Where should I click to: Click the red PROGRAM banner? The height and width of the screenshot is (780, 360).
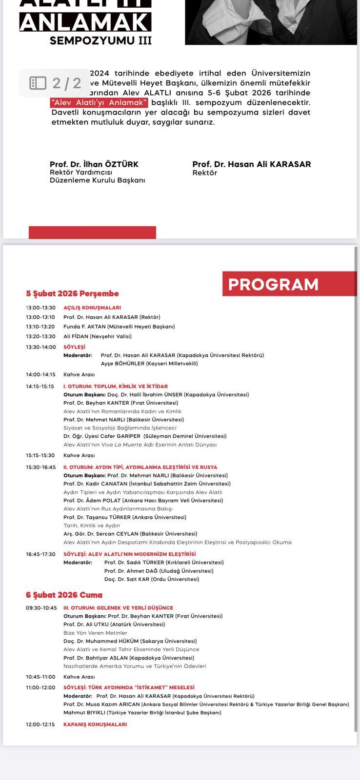[x=290, y=284]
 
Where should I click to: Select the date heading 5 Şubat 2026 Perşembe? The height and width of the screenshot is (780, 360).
[x=72, y=293]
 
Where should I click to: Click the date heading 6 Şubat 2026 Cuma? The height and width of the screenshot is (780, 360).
[x=64, y=595]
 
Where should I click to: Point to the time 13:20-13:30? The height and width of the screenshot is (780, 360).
[x=40, y=336]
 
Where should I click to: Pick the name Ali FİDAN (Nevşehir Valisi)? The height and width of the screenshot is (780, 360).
[x=97, y=336]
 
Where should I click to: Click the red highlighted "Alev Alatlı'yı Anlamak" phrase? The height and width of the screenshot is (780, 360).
[x=100, y=103]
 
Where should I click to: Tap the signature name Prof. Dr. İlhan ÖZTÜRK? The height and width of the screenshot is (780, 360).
[x=94, y=164]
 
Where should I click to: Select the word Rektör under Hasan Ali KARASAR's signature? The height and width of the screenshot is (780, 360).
[x=204, y=173]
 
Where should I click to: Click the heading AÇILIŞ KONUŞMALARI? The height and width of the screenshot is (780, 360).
[x=92, y=308]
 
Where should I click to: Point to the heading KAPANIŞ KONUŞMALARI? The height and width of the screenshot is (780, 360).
[x=95, y=724]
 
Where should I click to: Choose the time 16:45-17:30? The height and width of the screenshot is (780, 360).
[x=40, y=554]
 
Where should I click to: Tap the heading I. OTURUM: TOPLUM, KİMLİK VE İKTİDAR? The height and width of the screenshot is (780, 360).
[x=116, y=386]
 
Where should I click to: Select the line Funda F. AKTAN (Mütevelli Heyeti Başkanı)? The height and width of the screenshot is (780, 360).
[x=119, y=327]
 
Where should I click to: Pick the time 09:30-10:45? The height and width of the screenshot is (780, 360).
[x=41, y=608]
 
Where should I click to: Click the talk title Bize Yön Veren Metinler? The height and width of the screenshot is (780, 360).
[x=95, y=633]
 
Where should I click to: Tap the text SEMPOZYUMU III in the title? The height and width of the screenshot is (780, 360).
[x=100, y=40]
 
